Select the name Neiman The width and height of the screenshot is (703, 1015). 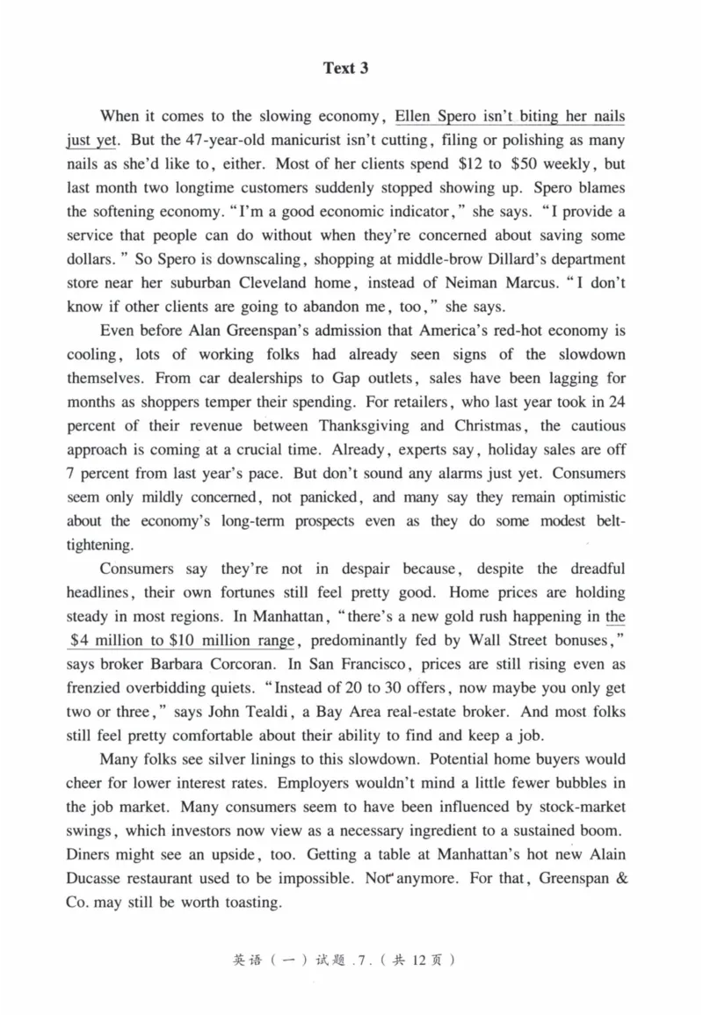pyautogui.click(x=460, y=283)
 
